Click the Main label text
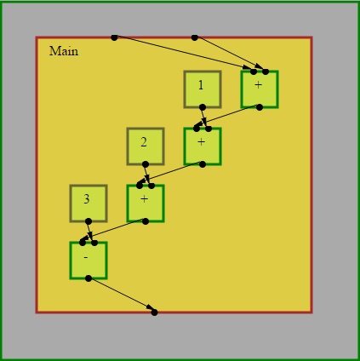coord(64,51)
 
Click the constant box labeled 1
coord(203,89)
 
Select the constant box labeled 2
coord(146,146)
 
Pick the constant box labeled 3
coord(89,203)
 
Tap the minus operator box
coord(89,261)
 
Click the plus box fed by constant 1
coord(203,146)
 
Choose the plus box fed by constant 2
coord(146,203)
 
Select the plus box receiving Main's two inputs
coord(260,89)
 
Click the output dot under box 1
coord(203,107)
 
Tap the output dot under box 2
coord(146,164)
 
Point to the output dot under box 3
coord(89,221)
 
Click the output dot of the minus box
coord(89,278)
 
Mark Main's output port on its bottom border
coord(154,312)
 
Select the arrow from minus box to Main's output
coord(122,295)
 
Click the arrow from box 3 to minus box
coord(90,231)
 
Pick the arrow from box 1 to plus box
coord(204,117)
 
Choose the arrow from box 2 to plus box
coord(147,174)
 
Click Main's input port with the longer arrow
coord(114,37)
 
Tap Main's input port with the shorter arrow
coord(194,37)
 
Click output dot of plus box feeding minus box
coord(146,221)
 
